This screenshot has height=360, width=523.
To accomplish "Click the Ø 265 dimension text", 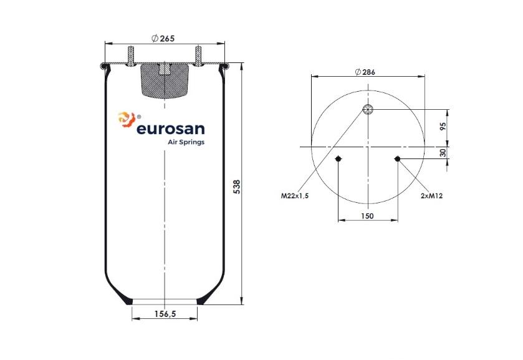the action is tap(163, 39).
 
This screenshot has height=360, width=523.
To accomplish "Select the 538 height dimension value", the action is tap(236, 187).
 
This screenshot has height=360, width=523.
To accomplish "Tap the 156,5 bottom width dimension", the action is tap(165, 314).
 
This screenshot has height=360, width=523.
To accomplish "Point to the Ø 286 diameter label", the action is tap(365, 72).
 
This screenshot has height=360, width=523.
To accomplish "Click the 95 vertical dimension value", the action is tap(443, 126).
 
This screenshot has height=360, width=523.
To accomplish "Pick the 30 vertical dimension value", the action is tap(443, 153).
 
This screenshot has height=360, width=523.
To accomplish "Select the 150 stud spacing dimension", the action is tap(367, 216).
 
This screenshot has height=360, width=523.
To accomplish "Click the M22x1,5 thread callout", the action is tap(295, 196).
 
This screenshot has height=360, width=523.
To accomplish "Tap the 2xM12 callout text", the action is tap(431, 196).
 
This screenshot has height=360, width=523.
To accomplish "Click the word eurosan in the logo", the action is tap(170, 129).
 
